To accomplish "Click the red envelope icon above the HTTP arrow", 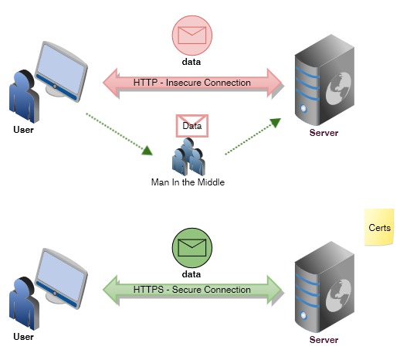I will [191, 35].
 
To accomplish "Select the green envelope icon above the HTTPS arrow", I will [191, 248].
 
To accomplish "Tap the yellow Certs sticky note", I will [379, 229].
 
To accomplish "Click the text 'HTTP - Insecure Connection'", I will [191, 82].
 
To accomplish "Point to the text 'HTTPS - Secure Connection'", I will [191, 290].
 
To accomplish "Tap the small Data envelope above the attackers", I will [191, 125].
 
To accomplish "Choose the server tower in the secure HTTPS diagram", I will [323, 286].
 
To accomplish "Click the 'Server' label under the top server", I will [324, 132].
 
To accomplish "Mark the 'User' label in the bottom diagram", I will [24, 338].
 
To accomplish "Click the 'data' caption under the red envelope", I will [191, 60].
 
